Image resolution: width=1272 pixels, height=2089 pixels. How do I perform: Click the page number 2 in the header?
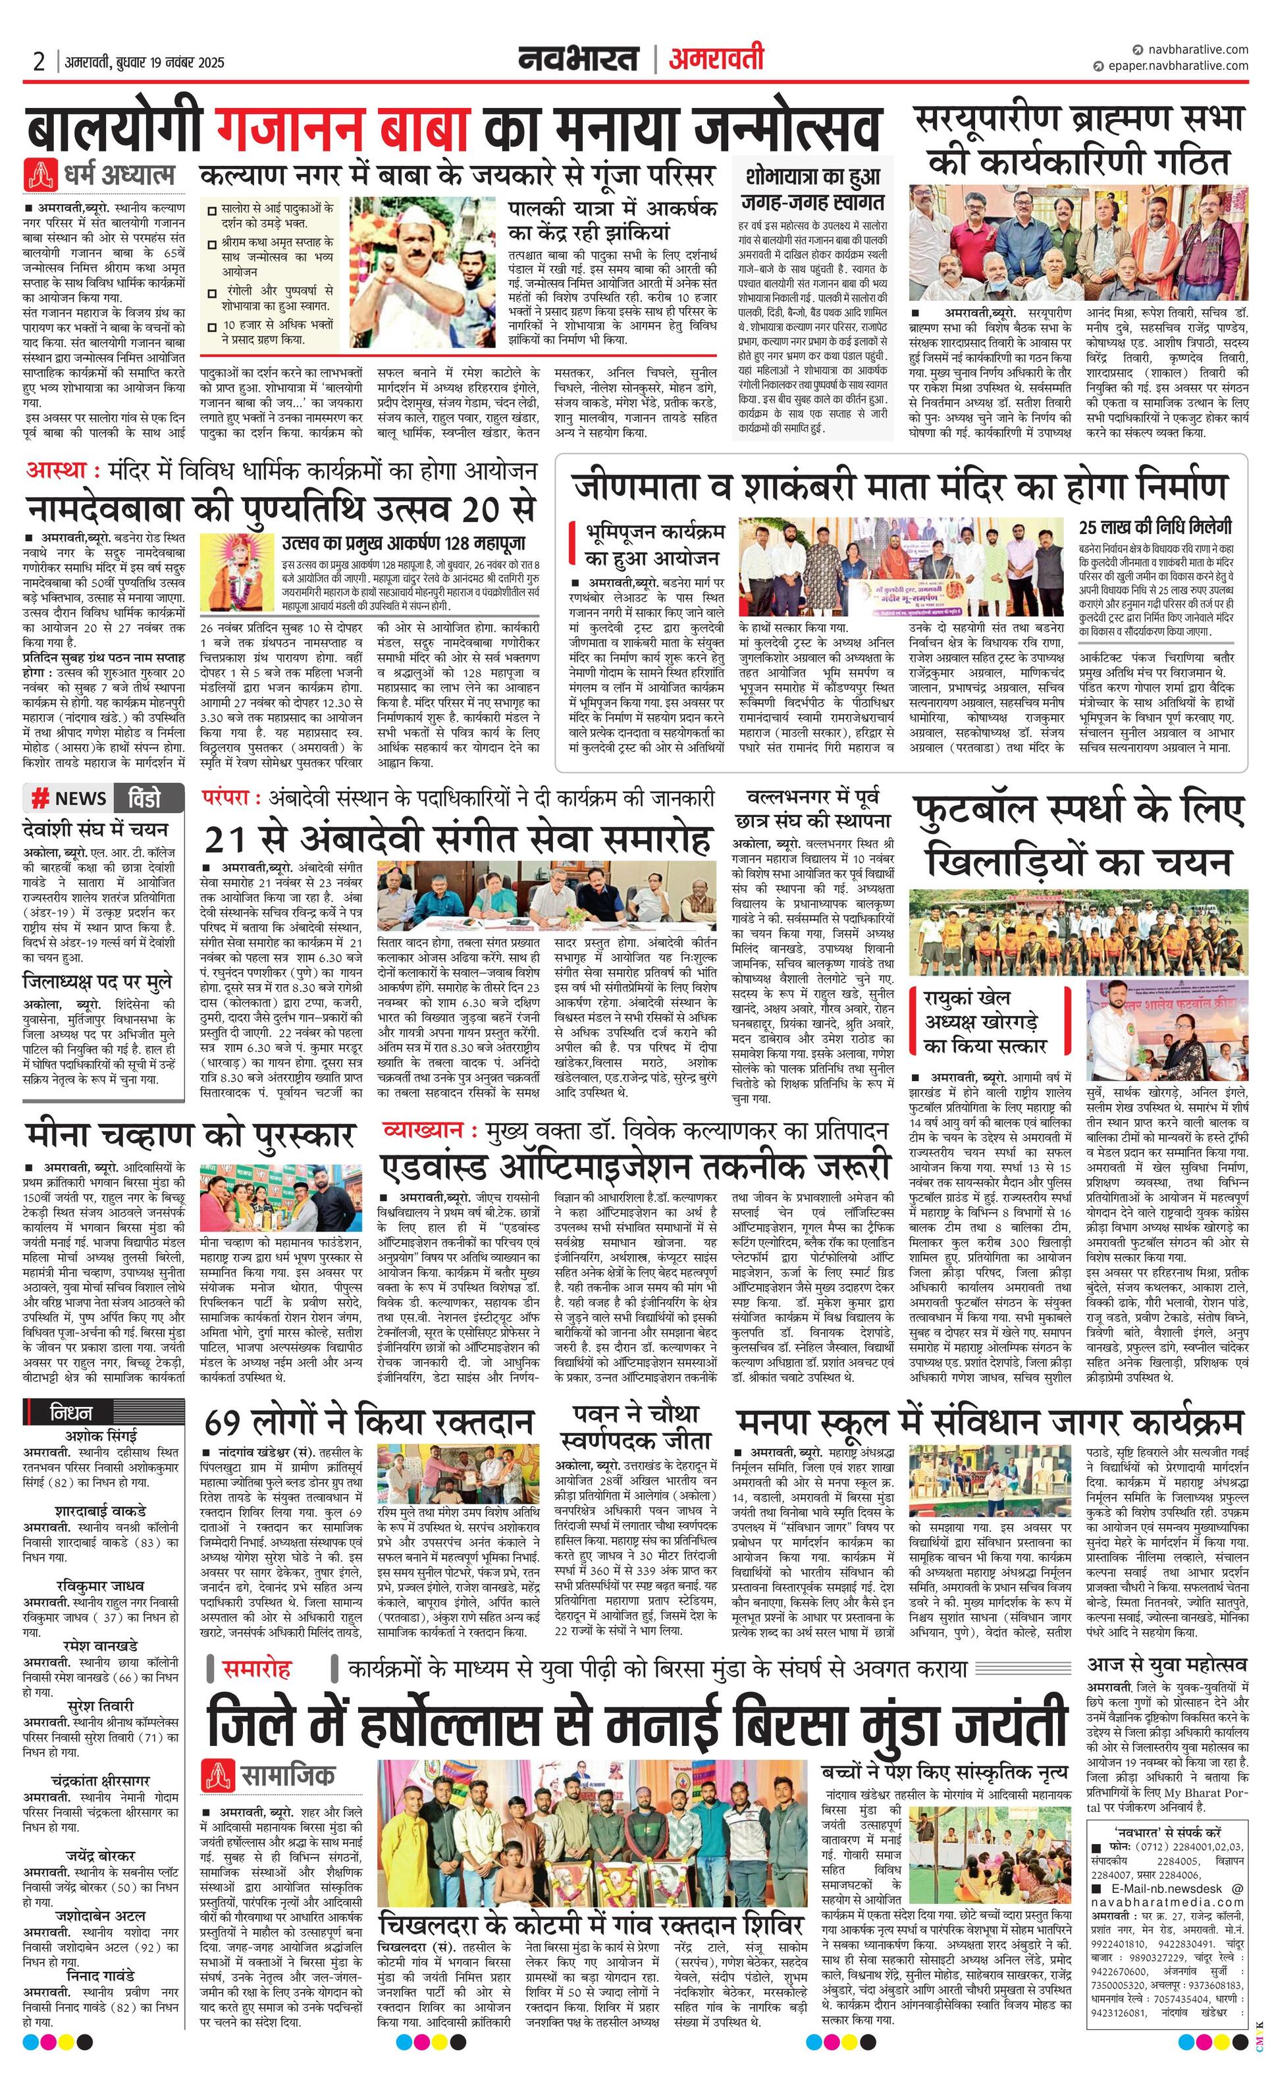[39, 62]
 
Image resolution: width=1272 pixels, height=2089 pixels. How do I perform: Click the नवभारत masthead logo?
[579, 59]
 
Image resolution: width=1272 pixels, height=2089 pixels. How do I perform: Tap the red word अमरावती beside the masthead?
[716, 59]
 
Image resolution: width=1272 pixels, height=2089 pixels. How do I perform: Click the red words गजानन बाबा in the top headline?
[342, 130]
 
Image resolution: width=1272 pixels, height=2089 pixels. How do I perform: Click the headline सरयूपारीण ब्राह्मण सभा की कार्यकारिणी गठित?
[1078, 139]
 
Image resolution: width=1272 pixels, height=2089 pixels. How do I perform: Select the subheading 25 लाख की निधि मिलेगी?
[1155, 527]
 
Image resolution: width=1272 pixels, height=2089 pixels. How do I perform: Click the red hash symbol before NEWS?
[39, 798]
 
